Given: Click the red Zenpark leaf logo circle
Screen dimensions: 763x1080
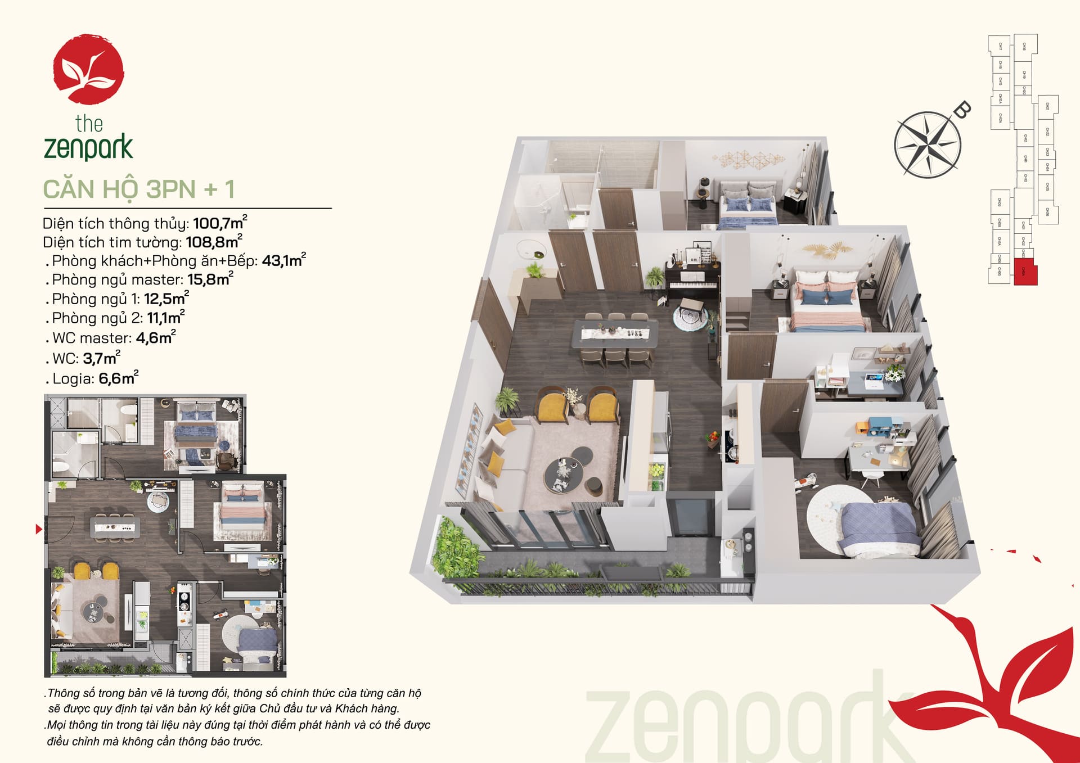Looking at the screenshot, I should pyautogui.click(x=88, y=69).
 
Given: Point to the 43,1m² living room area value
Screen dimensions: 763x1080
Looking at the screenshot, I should pyautogui.click(x=283, y=260).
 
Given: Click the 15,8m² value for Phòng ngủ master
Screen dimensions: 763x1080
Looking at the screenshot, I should pyautogui.click(x=210, y=279).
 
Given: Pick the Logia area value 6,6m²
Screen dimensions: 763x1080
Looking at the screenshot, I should pyautogui.click(x=118, y=378).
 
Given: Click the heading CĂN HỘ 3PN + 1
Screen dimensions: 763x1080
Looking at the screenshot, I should pyautogui.click(x=138, y=189).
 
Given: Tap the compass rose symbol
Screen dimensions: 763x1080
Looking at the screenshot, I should pyautogui.click(x=926, y=145).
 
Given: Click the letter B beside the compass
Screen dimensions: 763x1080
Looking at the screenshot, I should pyautogui.click(x=962, y=110).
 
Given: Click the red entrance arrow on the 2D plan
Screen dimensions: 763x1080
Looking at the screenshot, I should pyautogui.click(x=38, y=529).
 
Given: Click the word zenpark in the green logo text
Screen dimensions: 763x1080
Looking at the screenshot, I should pyautogui.click(x=88, y=147).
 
